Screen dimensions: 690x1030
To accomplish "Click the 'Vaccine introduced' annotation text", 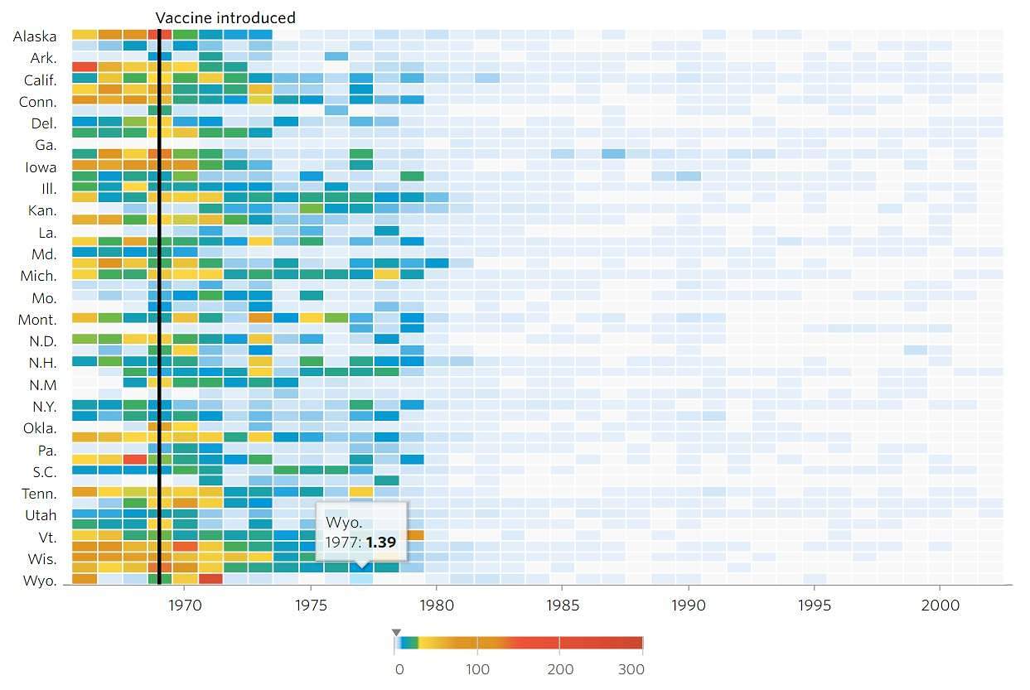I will (x=225, y=17).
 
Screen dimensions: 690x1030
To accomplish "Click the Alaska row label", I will (x=35, y=36).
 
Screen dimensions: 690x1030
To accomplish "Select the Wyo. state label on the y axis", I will (x=38, y=581).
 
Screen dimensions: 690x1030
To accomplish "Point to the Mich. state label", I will (x=39, y=276).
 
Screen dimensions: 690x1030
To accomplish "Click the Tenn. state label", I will (x=39, y=494).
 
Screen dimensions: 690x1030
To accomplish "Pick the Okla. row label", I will (x=39, y=428).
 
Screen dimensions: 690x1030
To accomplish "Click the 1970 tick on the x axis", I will (x=185, y=606).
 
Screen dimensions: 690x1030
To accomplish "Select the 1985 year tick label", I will (x=563, y=606).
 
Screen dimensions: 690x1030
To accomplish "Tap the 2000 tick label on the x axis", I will (x=941, y=606).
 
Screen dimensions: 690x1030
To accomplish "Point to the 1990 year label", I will (x=689, y=606).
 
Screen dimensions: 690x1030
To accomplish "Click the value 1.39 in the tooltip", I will (x=380, y=542).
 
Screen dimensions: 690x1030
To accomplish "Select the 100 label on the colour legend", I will (x=477, y=669).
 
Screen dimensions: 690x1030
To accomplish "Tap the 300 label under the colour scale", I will (x=632, y=669).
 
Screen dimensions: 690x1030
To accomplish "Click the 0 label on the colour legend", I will (x=399, y=669).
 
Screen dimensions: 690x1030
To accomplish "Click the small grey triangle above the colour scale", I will (x=396, y=632).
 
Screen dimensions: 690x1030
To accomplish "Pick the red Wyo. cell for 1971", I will (x=210, y=579).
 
